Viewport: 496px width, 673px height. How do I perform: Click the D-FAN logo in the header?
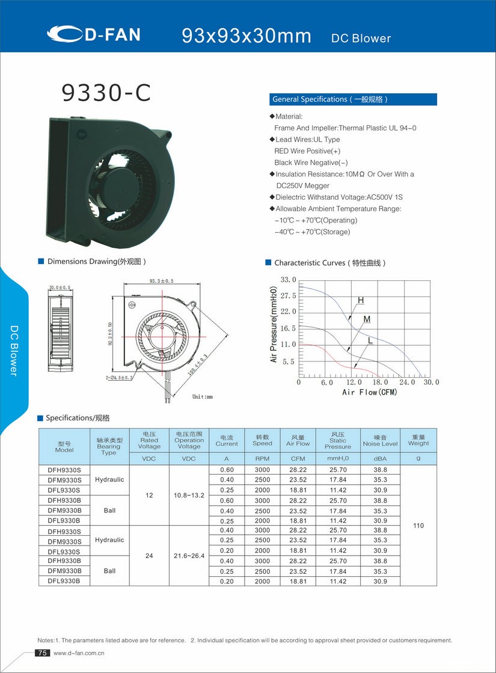pos(94,34)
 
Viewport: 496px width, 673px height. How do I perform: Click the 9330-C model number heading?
pos(106,93)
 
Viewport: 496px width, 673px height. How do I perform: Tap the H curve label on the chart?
pos(361,300)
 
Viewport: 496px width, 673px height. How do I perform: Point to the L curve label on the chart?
pos(370,340)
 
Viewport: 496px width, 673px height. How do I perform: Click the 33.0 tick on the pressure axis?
pos(289,280)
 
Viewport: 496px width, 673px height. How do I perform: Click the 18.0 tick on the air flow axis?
pos(380,383)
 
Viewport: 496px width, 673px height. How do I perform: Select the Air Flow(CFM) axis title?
pos(370,392)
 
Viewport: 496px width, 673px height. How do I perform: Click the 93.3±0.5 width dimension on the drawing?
pos(161,281)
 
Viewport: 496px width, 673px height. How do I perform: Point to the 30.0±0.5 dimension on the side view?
pos(60,287)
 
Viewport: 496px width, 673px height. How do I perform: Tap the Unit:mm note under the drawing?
pos(203,397)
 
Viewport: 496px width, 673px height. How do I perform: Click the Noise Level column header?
pos(380,441)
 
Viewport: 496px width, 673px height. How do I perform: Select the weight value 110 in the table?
pos(418,526)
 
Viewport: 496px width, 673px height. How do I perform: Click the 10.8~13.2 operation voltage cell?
pos(189,496)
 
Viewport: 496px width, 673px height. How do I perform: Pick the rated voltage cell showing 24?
pos(149,556)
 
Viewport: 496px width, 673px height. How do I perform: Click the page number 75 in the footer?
pos(42,653)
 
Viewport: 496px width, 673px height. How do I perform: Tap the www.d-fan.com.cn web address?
pos(79,653)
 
